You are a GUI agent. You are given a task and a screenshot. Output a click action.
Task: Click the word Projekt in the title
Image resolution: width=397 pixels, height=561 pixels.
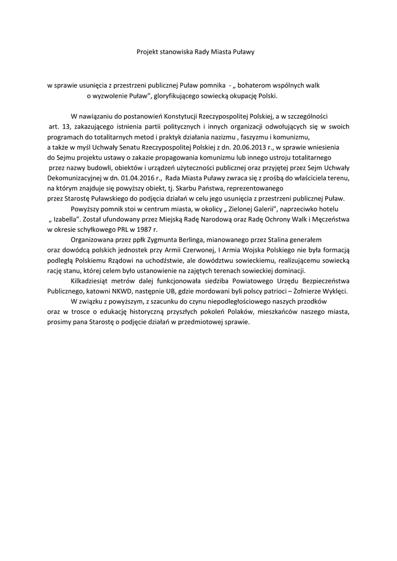click(x=148, y=52)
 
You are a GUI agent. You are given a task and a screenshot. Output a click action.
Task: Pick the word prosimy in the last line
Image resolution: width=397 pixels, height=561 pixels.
click(x=59, y=322)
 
